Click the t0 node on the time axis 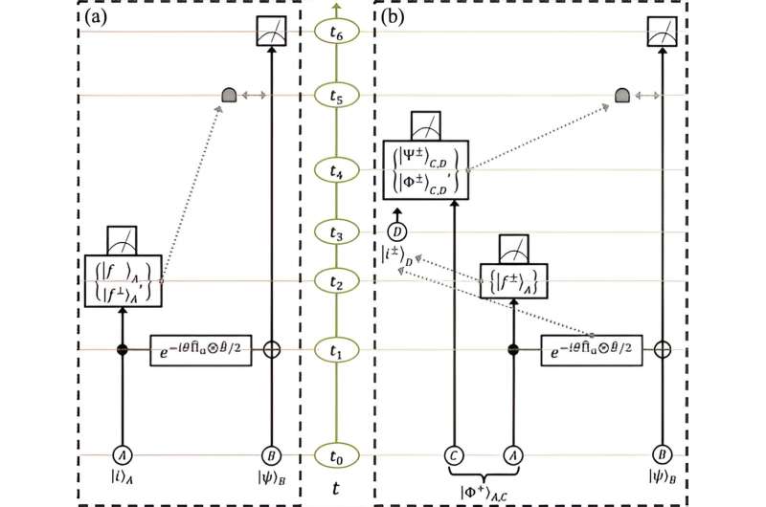point(334,455)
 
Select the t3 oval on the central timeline point(334,232)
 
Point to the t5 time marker point(334,96)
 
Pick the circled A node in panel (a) point(122,455)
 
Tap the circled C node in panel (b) point(454,455)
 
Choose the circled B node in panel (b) point(664,455)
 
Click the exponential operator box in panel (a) point(201,351)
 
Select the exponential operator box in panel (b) point(591,351)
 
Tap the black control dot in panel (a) point(122,350)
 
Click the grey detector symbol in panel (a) point(229,95)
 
